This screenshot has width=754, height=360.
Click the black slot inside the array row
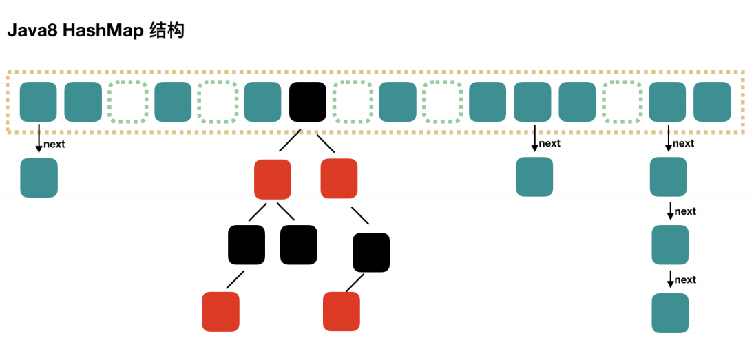click(308, 102)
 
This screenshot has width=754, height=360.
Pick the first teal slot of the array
click(39, 102)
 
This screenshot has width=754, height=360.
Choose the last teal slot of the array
click(712, 102)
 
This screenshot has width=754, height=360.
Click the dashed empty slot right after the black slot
click(352, 102)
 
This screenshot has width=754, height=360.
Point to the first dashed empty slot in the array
click(127, 102)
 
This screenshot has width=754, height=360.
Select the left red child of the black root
click(273, 179)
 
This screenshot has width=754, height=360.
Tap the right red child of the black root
click(339, 178)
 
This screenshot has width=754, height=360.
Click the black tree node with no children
click(299, 245)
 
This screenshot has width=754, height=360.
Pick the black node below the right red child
click(371, 253)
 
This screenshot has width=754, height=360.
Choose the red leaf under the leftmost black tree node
click(221, 311)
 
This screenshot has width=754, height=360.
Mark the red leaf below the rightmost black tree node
click(342, 311)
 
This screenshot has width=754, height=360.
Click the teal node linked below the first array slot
click(39, 178)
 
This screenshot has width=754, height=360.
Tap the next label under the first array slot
click(54, 145)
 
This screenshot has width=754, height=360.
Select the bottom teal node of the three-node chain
click(670, 313)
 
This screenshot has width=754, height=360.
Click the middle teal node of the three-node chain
click(670, 244)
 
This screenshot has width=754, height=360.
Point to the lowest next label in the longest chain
click(685, 279)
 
